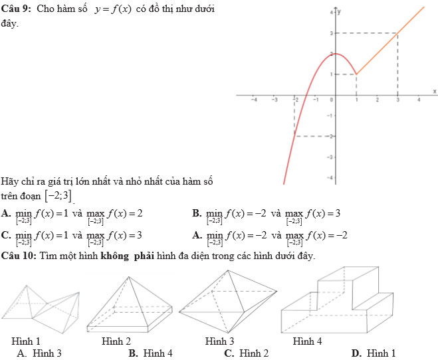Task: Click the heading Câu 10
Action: click(x=19, y=256)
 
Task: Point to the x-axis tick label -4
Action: click(x=254, y=100)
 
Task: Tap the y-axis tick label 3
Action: click(x=331, y=33)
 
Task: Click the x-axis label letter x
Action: click(x=435, y=91)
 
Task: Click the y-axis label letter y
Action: click(x=339, y=11)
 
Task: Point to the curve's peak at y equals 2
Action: click(x=335, y=54)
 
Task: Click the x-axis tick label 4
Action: click(x=419, y=100)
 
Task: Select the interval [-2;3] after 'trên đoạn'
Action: click(x=58, y=196)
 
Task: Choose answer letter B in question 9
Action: click(x=197, y=213)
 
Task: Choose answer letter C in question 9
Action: click(x=5, y=235)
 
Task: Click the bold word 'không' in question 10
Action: click(x=114, y=256)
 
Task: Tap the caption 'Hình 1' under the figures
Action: click(x=26, y=341)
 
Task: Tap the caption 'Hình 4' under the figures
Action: click(x=307, y=341)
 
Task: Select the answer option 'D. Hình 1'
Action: click(x=374, y=353)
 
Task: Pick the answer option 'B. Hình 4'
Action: click(x=151, y=353)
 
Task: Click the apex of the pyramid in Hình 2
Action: click(x=128, y=277)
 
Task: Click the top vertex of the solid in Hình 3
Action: click(x=228, y=270)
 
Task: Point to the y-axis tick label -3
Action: click(x=330, y=157)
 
